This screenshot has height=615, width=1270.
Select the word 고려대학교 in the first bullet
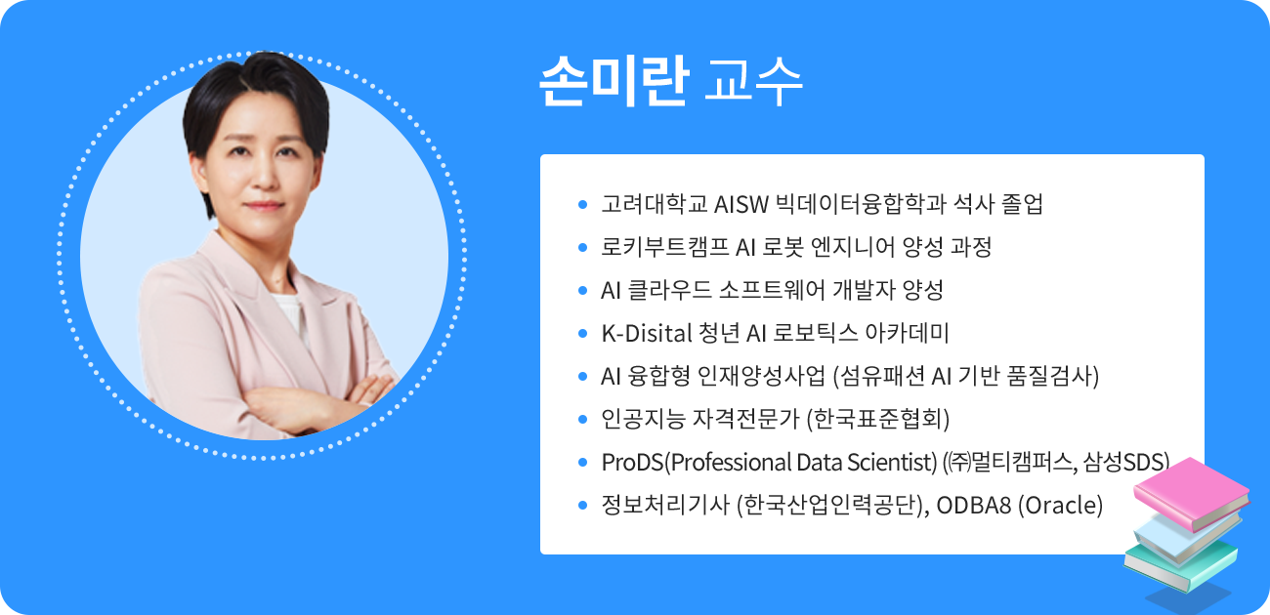pos(655,205)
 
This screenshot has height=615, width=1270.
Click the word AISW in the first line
pos(741,205)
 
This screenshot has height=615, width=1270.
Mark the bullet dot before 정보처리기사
pos(582,505)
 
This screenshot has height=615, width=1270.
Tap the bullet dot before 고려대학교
pos(582,205)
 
